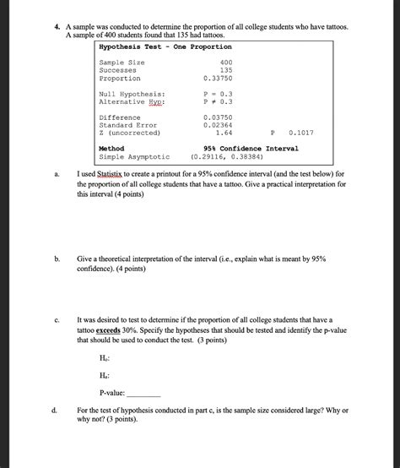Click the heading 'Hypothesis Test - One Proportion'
[x=165, y=47]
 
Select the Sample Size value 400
[x=225, y=63]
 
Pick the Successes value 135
[x=225, y=70]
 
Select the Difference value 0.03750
[x=218, y=117]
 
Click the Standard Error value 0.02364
[x=218, y=124]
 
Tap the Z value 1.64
[x=224, y=132]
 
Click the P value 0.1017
[x=300, y=132]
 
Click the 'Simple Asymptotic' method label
[x=134, y=156]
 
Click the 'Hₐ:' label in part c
[x=105, y=374]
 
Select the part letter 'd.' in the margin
[x=54, y=411]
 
